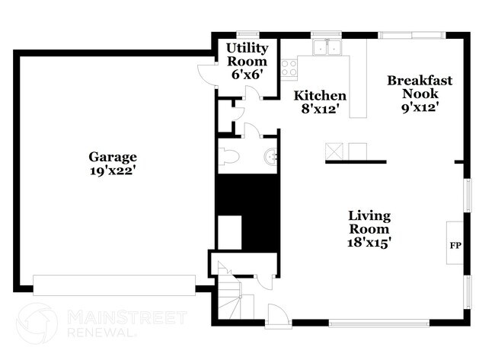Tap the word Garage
[113, 158]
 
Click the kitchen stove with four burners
[289, 67]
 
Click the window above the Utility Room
[247, 33]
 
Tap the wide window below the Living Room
[371, 324]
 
